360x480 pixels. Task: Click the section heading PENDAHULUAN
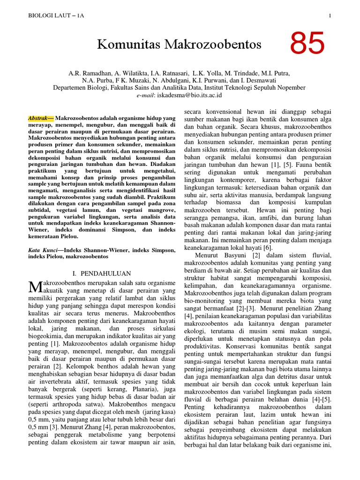click(x=105, y=273)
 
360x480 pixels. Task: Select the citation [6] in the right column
click(x=267, y=247)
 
